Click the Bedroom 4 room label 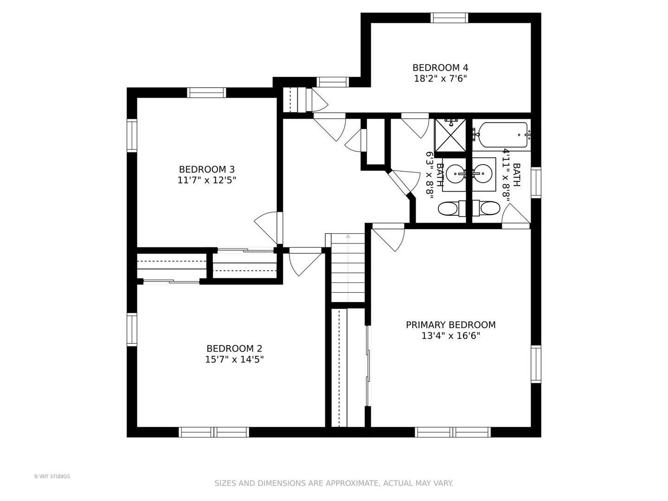440,68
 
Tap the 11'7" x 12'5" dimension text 206,180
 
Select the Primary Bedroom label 451,325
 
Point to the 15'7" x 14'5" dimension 234,360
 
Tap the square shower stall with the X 450,135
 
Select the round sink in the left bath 457,173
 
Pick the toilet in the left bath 452,209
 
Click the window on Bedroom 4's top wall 449,18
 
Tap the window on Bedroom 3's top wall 206,92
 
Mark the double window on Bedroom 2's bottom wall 214,432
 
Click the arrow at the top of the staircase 348,236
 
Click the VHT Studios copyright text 52,476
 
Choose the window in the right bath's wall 536,182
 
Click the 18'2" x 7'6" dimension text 440,79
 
